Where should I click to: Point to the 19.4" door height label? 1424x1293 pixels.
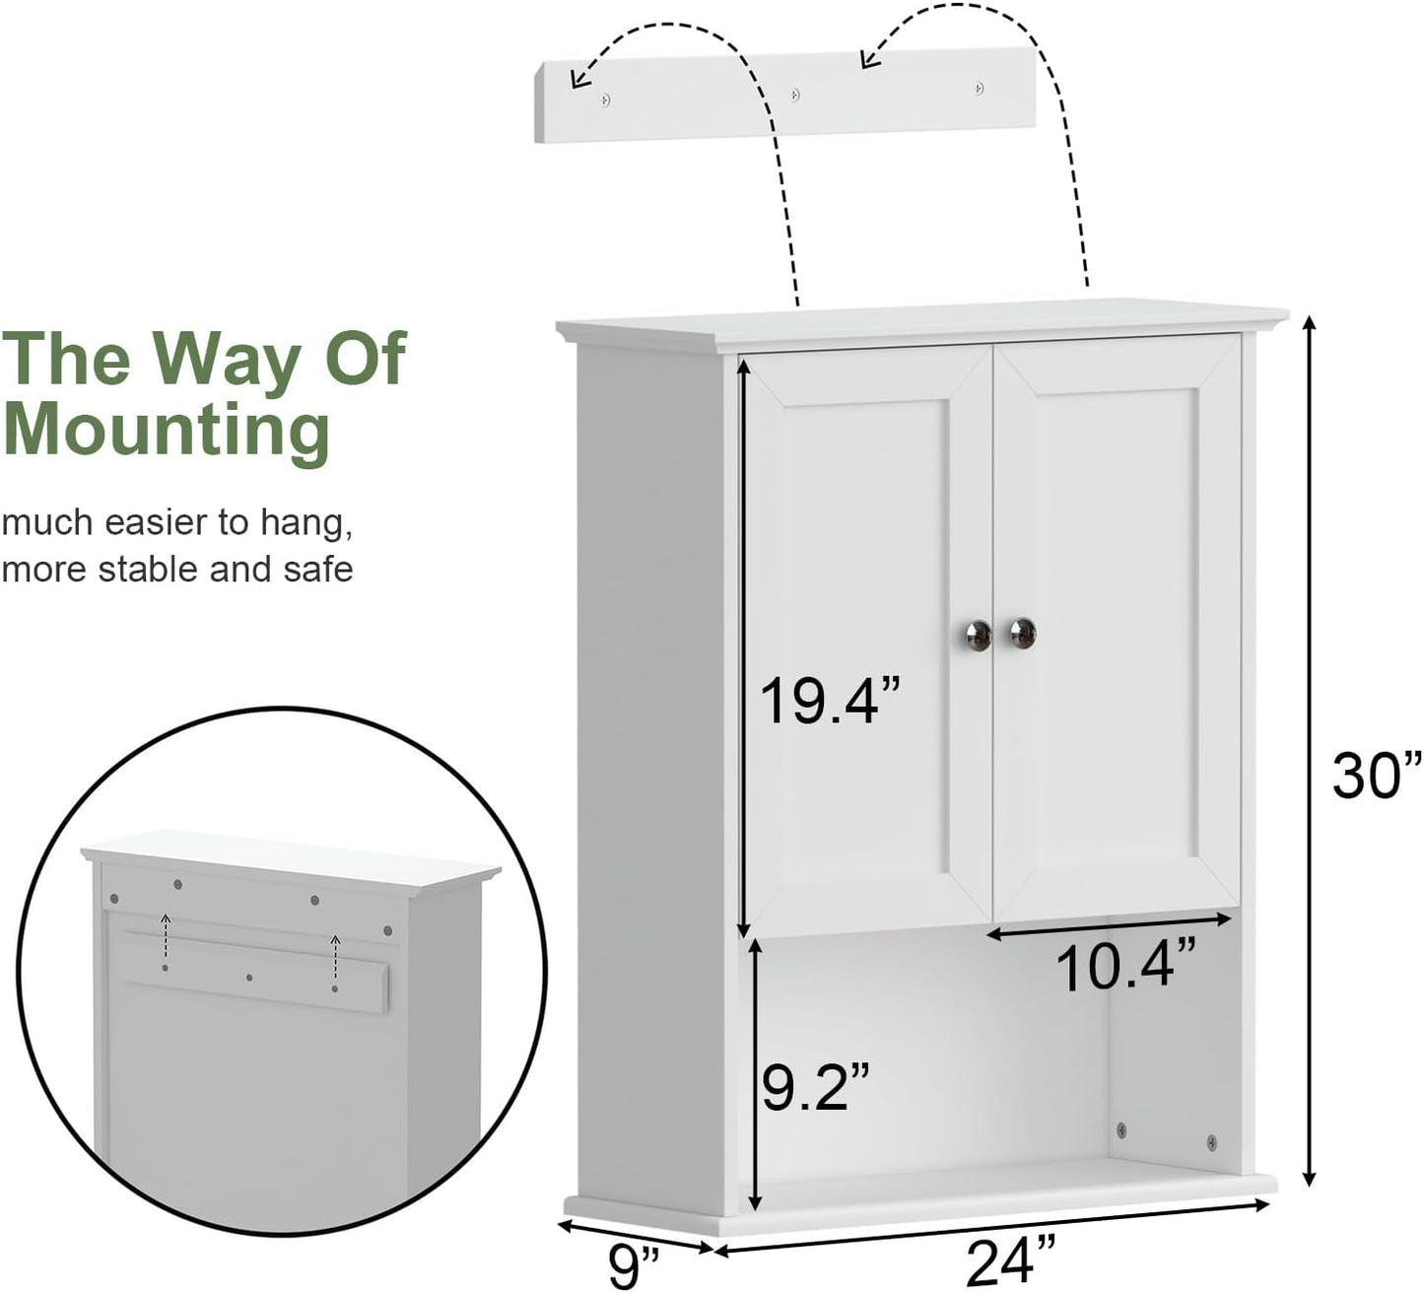point(830,702)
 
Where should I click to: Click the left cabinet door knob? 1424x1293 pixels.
point(978,633)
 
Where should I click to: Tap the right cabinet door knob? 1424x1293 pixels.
point(1023,633)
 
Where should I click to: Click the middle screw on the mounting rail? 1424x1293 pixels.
point(795,95)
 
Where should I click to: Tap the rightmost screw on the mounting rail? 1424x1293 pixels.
point(979,88)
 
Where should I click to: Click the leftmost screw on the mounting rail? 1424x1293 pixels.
point(606,99)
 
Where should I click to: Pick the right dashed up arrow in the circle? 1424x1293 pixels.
point(335,957)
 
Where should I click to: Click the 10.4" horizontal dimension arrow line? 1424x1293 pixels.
point(1110,925)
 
